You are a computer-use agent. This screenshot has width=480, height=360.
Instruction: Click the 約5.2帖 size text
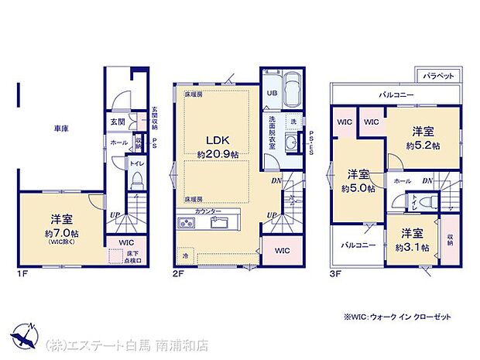(423, 146)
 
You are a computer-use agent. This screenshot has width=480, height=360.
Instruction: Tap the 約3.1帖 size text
(413, 247)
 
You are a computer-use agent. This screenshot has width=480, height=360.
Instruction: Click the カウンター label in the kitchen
(209, 211)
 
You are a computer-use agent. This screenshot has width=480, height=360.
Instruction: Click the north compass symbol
(26, 334)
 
